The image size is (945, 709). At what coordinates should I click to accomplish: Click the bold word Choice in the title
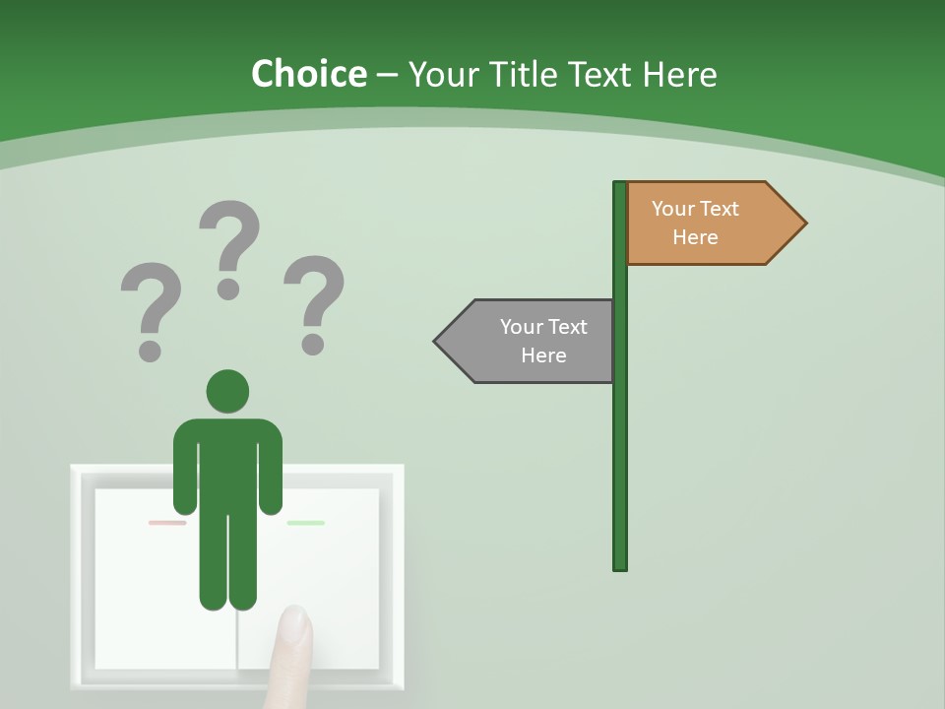[308, 74]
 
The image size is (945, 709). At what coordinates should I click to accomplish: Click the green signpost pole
[620, 443]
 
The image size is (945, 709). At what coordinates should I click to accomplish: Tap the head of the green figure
[227, 392]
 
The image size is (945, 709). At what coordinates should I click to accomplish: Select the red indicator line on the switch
[167, 523]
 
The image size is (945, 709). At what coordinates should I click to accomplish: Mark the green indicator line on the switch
[305, 523]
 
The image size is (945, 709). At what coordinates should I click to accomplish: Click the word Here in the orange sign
[695, 237]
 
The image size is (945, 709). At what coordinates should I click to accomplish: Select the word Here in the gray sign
[543, 355]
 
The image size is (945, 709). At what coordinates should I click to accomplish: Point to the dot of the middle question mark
[229, 289]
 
